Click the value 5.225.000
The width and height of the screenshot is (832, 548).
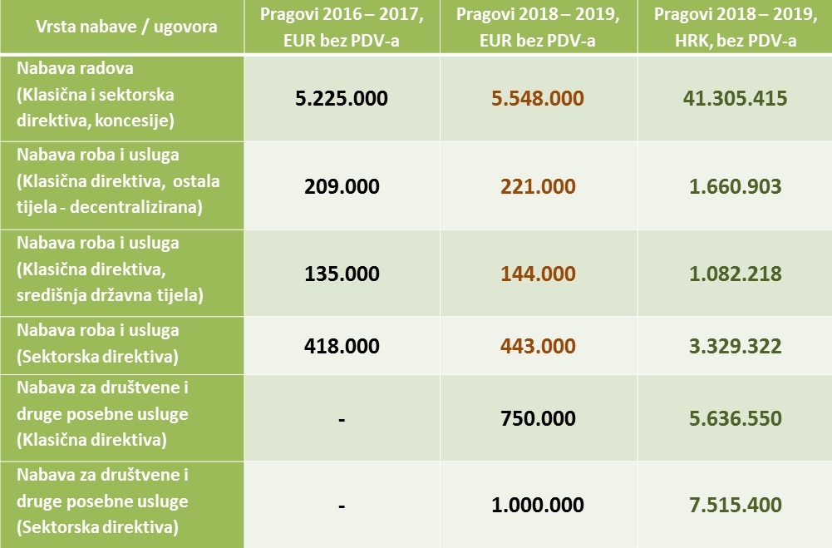point(342,98)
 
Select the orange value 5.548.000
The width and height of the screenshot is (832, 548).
point(537,98)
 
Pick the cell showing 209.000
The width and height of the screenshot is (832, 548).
point(342,185)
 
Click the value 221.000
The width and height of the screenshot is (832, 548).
point(537,185)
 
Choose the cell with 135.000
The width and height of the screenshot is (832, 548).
point(342,273)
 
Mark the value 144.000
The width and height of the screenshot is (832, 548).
point(537,273)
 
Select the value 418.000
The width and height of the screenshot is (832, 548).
point(342,345)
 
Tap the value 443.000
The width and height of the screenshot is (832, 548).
point(537,345)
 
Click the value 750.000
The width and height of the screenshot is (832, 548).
point(537,418)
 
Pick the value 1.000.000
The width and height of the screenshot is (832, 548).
point(537,505)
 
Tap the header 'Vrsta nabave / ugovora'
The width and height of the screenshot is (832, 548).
point(126,27)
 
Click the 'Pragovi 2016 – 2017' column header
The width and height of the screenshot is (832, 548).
point(342,17)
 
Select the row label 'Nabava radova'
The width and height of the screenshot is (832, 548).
point(75,69)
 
